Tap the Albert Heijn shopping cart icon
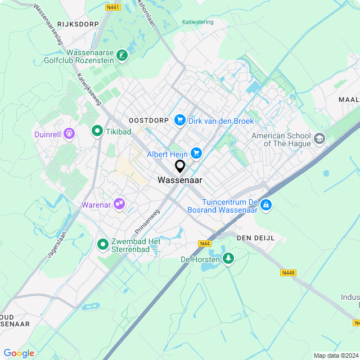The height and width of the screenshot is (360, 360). click(x=196, y=153)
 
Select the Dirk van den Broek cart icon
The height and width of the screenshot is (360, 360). click(x=180, y=120)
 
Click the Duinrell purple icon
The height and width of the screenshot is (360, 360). click(x=69, y=134)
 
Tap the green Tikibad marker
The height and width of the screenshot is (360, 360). click(x=97, y=132)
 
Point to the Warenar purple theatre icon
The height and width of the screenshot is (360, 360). click(x=119, y=204)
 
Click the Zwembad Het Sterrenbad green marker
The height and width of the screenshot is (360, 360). click(x=102, y=245)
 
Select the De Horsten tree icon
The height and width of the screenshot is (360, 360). click(x=228, y=258)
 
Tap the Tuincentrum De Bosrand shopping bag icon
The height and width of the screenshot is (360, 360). click(x=267, y=206)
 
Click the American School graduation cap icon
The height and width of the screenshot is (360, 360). click(x=319, y=139)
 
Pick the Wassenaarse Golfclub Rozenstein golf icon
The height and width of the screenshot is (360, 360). click(x=122, y=55)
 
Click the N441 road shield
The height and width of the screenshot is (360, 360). click(x=112, y=7)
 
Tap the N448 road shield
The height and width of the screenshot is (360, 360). click(x=288, y=273)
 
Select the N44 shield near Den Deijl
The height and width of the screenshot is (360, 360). click(x=205, y=244)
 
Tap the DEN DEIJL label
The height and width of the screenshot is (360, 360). click(x=256, y=238)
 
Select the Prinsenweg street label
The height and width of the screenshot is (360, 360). click(x=147, y=222)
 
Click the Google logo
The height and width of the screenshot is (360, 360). click(x=19, y=353)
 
